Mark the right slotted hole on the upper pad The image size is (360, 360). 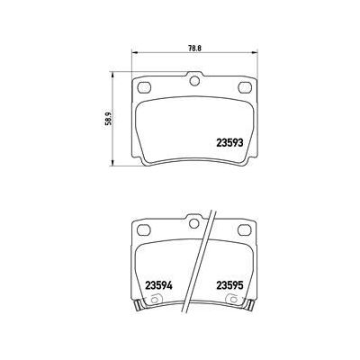(245, 87)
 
